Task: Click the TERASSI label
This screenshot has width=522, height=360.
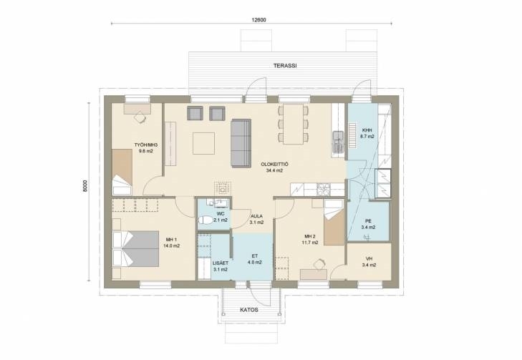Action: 285,66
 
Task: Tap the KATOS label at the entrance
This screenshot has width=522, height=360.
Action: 249,310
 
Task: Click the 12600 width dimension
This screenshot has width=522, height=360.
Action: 258,20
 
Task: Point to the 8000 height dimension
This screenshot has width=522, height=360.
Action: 85,186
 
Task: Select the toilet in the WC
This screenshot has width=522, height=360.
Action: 206,220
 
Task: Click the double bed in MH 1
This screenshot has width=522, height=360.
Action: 136,249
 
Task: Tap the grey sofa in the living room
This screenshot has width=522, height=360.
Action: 241,142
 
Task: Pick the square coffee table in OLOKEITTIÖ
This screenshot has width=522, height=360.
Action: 204,143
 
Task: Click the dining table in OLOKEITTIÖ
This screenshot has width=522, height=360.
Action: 294,124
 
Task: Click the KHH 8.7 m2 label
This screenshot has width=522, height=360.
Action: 367,133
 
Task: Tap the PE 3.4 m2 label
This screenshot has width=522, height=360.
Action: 368,224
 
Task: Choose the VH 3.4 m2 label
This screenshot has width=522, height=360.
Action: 369,262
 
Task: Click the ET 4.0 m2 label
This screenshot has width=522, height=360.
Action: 255,259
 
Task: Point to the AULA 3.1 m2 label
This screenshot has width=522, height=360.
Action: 256,219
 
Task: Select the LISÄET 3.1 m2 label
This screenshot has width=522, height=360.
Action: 221,266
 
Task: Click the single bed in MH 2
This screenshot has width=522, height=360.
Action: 334,223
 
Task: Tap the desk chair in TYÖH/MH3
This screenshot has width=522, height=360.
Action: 140,117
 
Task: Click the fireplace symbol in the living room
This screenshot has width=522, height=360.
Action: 222,189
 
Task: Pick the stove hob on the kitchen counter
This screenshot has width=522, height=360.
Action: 324,190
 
